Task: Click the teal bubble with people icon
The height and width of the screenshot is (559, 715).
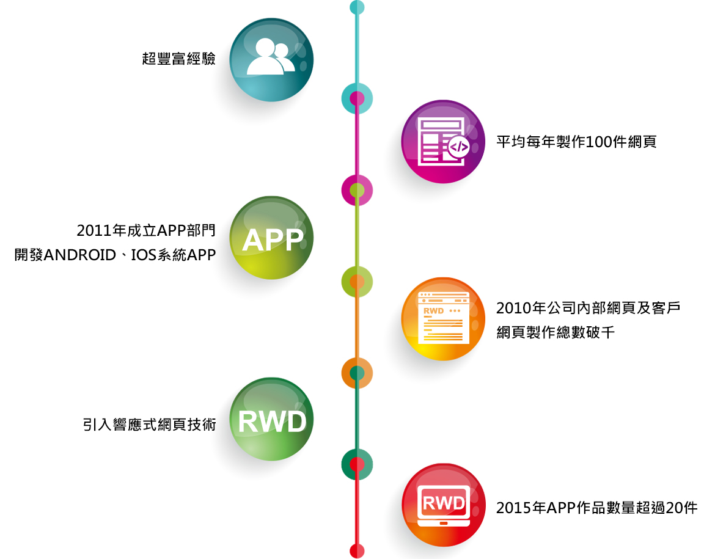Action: pos(271,59)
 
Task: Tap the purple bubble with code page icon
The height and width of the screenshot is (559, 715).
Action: pos(442,142)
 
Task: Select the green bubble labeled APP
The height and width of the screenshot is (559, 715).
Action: pos(271,238)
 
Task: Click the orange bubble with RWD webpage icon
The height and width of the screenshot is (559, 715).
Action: pos(442,319)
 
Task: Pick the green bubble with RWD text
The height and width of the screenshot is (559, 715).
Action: pos(271,420)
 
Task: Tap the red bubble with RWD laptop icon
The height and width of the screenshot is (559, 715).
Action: pos(442,505)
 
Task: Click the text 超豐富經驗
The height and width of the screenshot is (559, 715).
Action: pos(178,59)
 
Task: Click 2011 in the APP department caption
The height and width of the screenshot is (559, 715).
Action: pos(90,230)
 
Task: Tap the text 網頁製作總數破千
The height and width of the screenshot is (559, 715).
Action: pos(555,333)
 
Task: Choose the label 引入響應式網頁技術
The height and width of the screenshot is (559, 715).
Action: pos(149,425)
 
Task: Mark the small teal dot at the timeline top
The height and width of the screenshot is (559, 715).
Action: pos(357,7)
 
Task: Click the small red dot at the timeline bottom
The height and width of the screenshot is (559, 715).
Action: pos(357,550)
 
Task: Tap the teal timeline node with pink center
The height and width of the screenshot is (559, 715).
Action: pos(357,98)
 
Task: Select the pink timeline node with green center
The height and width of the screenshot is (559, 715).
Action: pos(357,190)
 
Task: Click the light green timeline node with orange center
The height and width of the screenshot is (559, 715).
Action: pos(357,282)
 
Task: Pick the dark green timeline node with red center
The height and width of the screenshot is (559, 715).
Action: pos(357,465)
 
